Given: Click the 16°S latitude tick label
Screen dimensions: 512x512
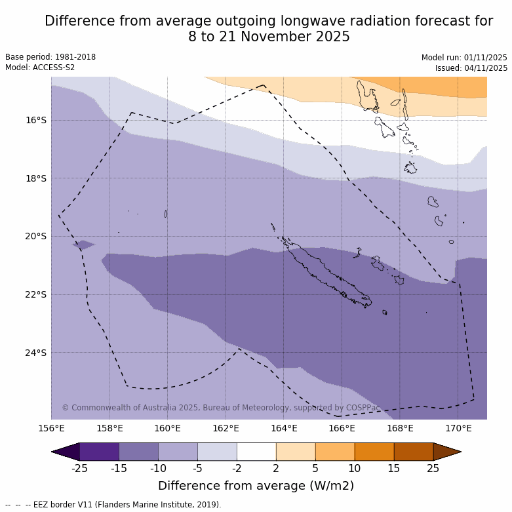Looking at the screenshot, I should (37, 120).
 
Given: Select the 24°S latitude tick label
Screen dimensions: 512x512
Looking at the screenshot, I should (37, 353).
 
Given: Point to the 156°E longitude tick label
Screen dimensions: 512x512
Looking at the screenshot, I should (51, 429).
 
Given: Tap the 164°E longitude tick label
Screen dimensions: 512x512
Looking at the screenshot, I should (284, 429).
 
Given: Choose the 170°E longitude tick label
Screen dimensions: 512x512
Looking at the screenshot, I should (458, 429).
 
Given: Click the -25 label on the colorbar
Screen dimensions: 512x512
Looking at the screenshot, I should (79, 468).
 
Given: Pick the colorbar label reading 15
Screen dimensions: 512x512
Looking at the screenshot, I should (394, 468).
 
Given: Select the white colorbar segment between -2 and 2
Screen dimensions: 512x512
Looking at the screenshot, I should (256, 452).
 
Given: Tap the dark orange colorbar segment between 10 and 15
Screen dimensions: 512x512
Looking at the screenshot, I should (374, 452).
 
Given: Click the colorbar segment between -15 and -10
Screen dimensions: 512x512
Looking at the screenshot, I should (138, 452).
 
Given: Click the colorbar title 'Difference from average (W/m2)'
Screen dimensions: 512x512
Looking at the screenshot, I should (256, 486).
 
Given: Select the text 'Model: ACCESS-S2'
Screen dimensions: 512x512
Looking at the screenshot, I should (40, 68).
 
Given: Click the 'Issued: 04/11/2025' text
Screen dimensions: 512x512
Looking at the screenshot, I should (471, 68).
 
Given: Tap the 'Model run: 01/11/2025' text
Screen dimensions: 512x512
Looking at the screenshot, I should (464, 58).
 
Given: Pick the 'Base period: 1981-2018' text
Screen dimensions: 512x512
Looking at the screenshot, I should (50, 57).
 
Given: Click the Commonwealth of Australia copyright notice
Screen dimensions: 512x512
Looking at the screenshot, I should (221, 408).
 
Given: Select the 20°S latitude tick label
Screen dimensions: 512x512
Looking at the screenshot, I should (37, 236).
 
